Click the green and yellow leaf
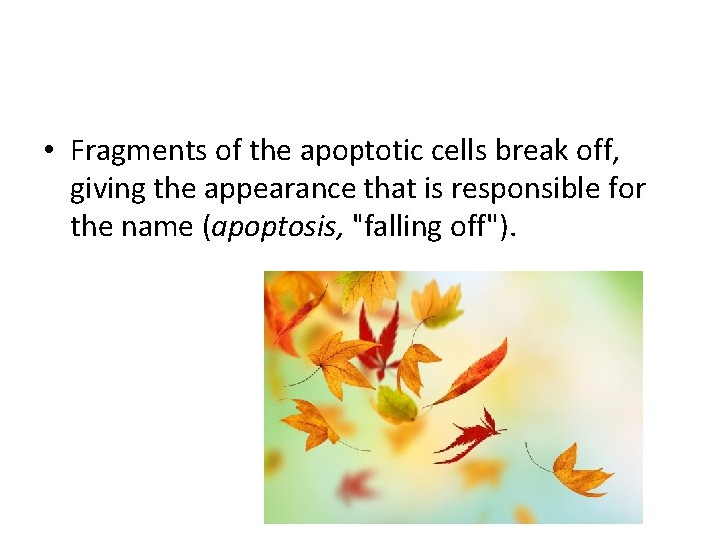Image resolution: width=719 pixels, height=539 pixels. [x=396, y=404]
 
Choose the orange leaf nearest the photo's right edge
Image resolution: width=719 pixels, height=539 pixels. [x=581, y=472]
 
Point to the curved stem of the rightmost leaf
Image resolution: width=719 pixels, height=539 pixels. [x=539, y=461]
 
